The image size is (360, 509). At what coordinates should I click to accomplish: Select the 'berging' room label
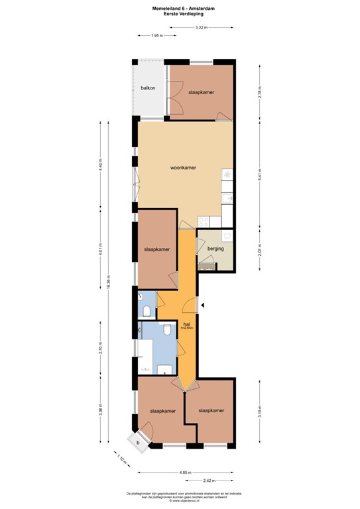tap(215, 249)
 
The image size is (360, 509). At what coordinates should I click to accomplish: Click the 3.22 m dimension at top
tap(201, 27)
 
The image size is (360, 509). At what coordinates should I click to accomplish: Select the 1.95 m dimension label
tap(156, 35)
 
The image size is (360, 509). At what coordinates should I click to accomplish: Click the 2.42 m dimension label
tap(210, 481)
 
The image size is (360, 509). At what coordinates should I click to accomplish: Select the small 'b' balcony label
tap(138, 441)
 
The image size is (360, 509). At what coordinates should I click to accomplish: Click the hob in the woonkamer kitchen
tap(227, 175)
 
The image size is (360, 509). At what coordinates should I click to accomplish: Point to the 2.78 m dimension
tap(261, 93)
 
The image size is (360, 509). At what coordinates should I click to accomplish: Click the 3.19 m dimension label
tap(261, 411)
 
